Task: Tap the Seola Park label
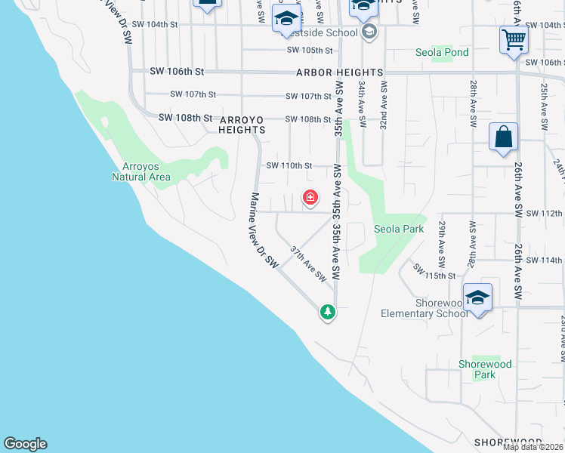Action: pyautogui.click(x=398, y=229)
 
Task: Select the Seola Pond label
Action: pyautogui.click(x=442, y=53)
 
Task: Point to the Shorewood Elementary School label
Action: pyautogui.click(x=425, y=308)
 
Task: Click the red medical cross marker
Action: pyautogui.click(x=310, y=199)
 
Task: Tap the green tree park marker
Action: pyautogui.click(x=327, y=311)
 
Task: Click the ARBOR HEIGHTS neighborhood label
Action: pyautogui.click(x=339, y=72)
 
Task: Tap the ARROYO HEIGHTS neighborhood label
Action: pyautogui.click(x=242, y=125)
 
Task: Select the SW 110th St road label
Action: pyautogui.click(x=289, y=165)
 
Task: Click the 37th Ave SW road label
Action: pyautogui.click(x=309, y=262)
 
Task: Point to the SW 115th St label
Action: pyautogui.click(x=435, y=271)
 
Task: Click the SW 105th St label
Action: pyautogui.click(x=310, y=51)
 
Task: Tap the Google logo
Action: pyautogui.click(x=25, y=444)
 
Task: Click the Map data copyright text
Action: pyautogui.click(x=533, y=447)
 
